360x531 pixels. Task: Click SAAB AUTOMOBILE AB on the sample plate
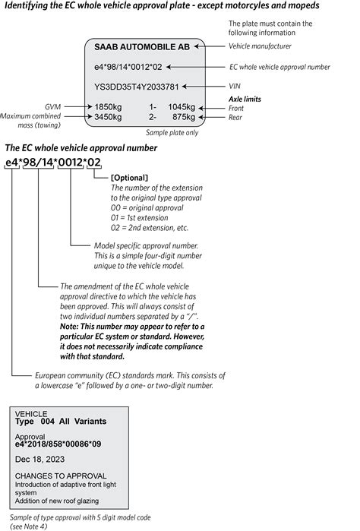pyautogui.click(x=143, y=47)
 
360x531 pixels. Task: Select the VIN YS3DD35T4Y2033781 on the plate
pyautogui.click(x=137, y=86)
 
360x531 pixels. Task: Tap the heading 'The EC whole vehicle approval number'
pyautogui.click(x=71, y=147)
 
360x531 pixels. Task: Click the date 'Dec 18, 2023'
pyautogui.click(x=39, y=458)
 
